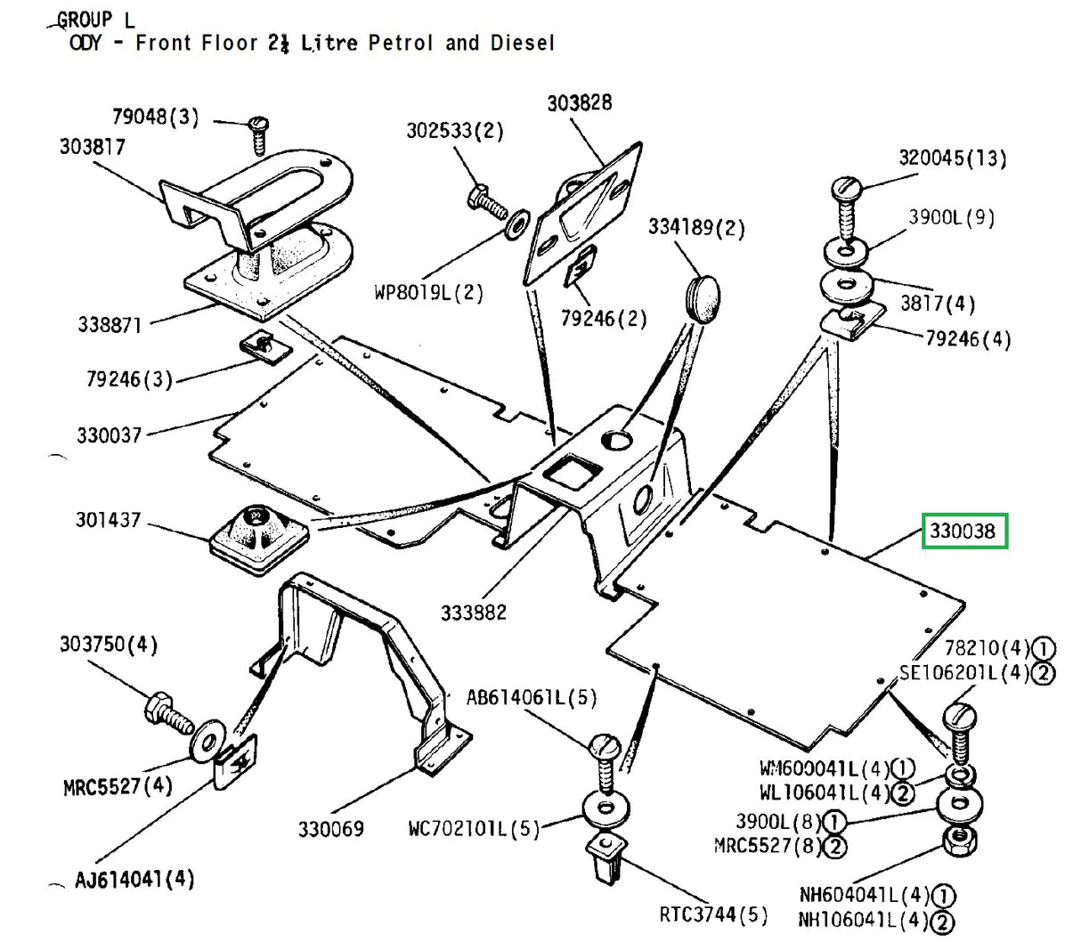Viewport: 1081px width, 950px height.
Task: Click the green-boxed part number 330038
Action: pyautogui.click(x=964, y=532)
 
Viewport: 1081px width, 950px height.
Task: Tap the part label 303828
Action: pyautogui.click(x=579, y=103)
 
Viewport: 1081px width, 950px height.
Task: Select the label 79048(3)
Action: pyautogui.click(x=155, y=117)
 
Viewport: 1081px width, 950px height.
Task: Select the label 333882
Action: pyautogui.click(x=473, y=613)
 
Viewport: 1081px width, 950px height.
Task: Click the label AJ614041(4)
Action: pyautogui.click(x=134, y=880)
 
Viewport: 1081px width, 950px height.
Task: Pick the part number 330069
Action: pyautogui.click(x=330, y=829)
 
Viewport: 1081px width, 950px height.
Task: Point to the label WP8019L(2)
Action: pyautogui.click(x=428, y=292)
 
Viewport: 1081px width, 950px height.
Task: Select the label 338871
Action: pyautogui.click(x=110, y=324)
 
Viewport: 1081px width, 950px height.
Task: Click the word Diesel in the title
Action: pyautogui.click(x=522, y=42)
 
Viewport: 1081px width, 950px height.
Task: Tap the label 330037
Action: pyautogui.click(x=109, y=435)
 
